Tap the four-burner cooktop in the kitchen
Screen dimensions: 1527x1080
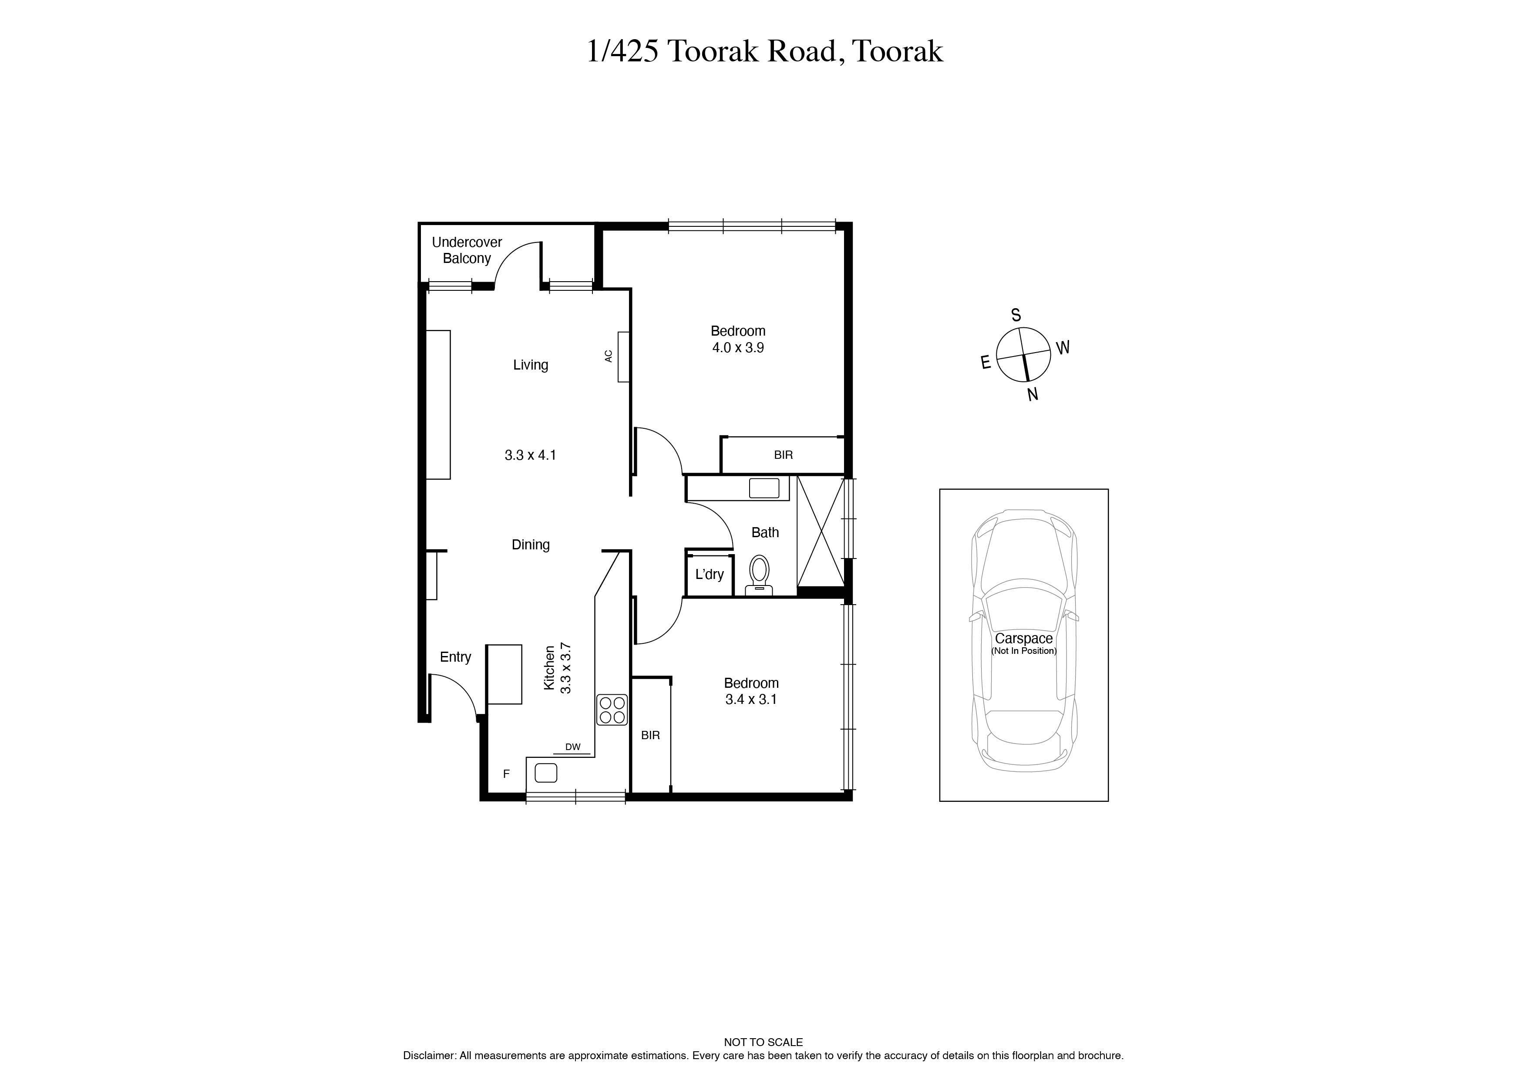(612, 710)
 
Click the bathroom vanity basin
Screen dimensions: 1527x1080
(764, 488)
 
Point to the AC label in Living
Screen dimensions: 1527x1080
(608, 357)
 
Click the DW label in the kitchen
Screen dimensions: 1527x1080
(573, 747)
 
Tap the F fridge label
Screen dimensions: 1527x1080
(506, 774)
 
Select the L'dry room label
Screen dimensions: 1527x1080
(710, 574)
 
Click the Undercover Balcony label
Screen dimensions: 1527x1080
(467, 250)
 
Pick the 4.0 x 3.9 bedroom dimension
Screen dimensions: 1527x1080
(738, 347)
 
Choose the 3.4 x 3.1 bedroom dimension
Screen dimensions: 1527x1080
(751, 699)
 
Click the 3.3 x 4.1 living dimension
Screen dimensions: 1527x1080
(530, 455)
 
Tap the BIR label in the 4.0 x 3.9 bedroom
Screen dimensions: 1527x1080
(784, 455)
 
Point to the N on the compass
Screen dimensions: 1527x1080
(1033, 394)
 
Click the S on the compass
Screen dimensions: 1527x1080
(1016, 315)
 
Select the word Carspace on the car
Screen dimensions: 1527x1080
(1023, 639)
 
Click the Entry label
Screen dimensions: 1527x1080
(456, 657)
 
